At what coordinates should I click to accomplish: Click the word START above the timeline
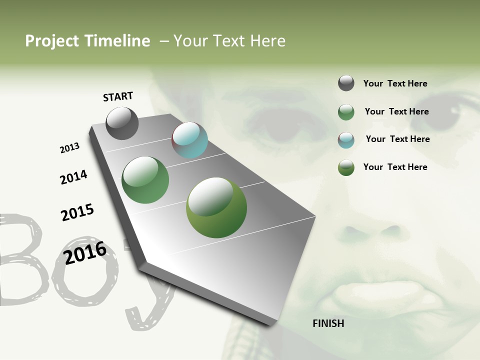118,96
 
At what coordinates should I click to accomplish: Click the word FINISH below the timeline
328,323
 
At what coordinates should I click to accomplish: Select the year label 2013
69,148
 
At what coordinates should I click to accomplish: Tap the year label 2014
73,177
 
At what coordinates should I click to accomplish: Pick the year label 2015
77,212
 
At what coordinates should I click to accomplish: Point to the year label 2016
85,252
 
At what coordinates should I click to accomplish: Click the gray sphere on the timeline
122,123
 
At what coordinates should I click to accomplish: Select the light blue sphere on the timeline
189,140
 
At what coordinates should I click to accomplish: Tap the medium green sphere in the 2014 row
145,180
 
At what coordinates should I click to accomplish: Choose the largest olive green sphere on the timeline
216,207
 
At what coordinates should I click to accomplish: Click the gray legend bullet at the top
346,83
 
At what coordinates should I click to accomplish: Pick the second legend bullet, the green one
346,112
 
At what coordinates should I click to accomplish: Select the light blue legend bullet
346,139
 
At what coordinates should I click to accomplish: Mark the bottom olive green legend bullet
346,167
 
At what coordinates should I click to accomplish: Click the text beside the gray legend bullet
395,83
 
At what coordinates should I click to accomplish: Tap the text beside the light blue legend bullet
397,139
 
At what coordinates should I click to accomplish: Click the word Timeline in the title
117,41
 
